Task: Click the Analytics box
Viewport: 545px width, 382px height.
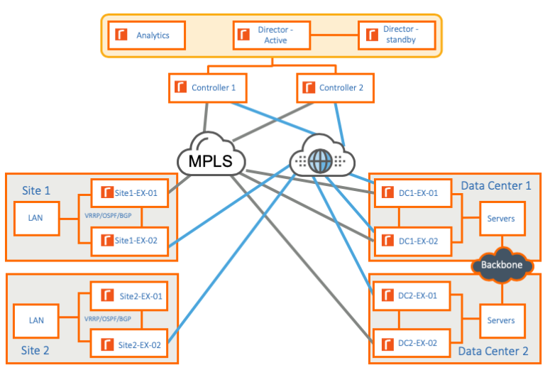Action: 146,35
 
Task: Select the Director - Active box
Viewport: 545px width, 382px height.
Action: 272,35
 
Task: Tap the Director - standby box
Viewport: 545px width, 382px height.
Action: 397,35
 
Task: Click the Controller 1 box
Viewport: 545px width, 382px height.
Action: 207,87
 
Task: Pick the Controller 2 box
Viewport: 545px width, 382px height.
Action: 335,87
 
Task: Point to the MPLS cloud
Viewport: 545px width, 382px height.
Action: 211,154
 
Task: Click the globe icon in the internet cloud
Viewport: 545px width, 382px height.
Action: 321,161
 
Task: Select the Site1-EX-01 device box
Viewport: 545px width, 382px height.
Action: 129,193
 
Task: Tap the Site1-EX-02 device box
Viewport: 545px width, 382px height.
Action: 129,241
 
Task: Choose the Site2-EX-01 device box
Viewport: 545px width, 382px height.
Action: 129,295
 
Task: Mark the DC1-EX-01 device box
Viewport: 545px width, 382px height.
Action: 412,193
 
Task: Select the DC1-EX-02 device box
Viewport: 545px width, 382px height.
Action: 412,241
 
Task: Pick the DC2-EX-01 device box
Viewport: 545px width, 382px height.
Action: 412,295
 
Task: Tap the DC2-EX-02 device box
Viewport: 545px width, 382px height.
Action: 412,343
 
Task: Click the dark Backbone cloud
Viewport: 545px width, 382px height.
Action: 502,265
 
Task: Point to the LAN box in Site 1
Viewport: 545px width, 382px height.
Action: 36,219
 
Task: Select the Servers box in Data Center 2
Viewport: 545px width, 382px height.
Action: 502,321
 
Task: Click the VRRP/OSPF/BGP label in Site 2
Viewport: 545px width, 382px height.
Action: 108,319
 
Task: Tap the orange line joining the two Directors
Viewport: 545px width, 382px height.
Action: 334,35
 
